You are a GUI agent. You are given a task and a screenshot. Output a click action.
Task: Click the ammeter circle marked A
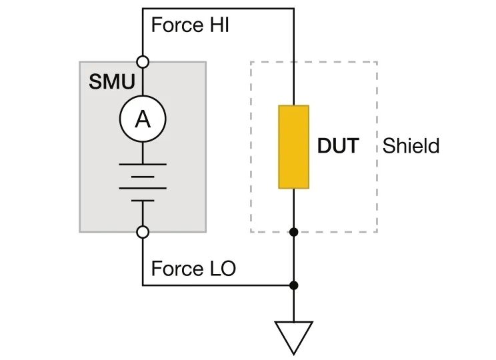[x=142, y=119]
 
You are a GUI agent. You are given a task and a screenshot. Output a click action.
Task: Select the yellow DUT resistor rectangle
[x=293, y=147]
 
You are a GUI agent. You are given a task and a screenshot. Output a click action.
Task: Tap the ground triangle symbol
[x=293, y=335]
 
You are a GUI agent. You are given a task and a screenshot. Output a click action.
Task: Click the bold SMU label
[x=111, y=83]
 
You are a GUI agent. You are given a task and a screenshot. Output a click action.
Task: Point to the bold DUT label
[x=337, y=146]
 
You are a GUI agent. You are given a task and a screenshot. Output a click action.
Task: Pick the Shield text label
[x=411, y=146]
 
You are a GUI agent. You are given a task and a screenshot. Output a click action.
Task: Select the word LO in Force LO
[x=220, y=269]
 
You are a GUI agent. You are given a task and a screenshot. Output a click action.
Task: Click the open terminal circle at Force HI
[x=142, y=61]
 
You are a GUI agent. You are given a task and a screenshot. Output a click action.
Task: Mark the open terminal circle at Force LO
[x=142, y=232]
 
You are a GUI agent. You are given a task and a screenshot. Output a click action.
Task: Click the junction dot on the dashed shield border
[x=293, y=232]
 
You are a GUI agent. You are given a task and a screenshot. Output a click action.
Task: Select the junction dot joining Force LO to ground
[x=293, y=285]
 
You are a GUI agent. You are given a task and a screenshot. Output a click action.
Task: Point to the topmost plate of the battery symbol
[x=142, y=163]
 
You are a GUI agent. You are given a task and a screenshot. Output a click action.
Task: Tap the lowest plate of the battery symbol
[x=142, y=199]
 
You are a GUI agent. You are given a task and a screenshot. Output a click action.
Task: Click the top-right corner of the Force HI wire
[x=293, y=9]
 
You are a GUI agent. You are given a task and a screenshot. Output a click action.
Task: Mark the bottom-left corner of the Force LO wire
[x=143, y=285]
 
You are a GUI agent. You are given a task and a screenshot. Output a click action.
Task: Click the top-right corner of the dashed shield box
[x=377, y=62]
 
